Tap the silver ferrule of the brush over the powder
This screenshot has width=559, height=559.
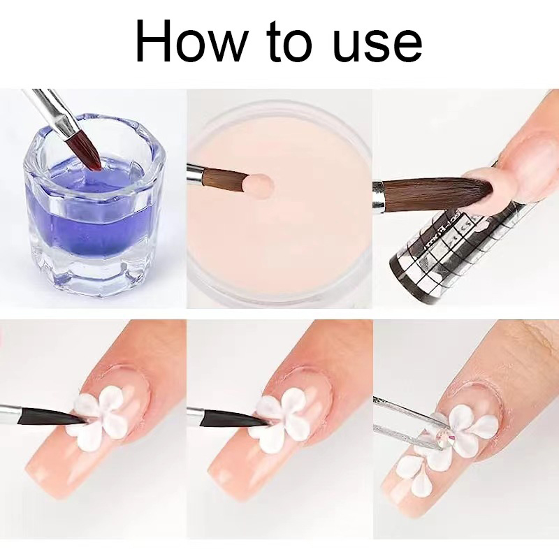click(195, 175)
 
